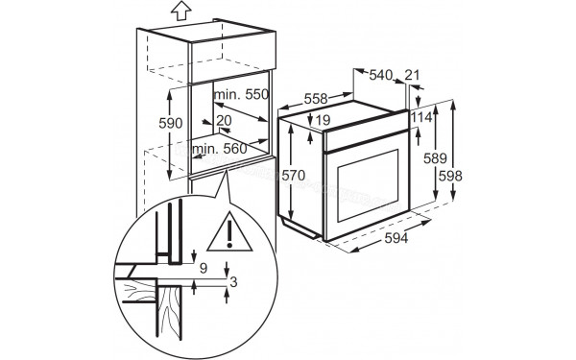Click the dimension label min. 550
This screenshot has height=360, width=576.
pyautogui.click(x=240, y=96)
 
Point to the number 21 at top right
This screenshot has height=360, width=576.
pyautogui.click(x=413, y=75)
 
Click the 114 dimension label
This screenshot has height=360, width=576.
pyautogui.click(x=420, y=116)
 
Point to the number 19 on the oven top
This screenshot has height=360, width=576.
pyautogui.click(x=323, y=120)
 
